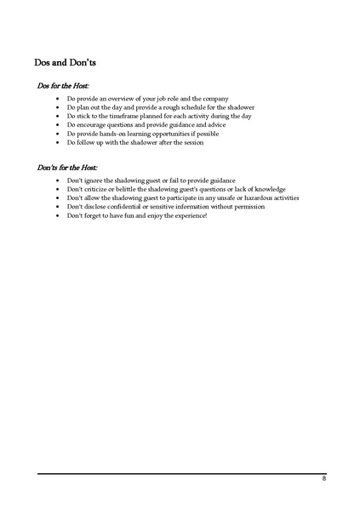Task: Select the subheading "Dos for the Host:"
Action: coord(64,86)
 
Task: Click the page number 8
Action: coord(323,480)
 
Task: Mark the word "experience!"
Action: coord(188,215)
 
